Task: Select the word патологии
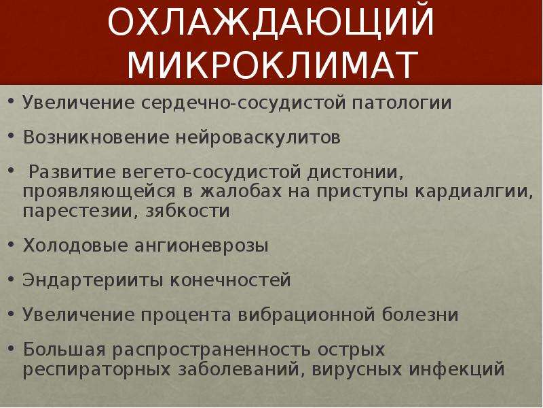pos(402,103)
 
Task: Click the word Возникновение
pos(96,137)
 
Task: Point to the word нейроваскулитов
pos(258,138)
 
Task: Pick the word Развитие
pos(71,173)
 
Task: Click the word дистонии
pos(355,173)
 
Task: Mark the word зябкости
pos(187,211)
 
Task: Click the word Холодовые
pos(75,245)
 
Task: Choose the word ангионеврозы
pos(201,246)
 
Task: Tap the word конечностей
pos(230,280)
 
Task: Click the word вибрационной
pos(307,315)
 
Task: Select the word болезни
pos(420,314)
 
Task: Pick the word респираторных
pos(96,369)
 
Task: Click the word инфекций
pos(457,369)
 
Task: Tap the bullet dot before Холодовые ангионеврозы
pos(11,244)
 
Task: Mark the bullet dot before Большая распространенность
pos(11,347)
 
